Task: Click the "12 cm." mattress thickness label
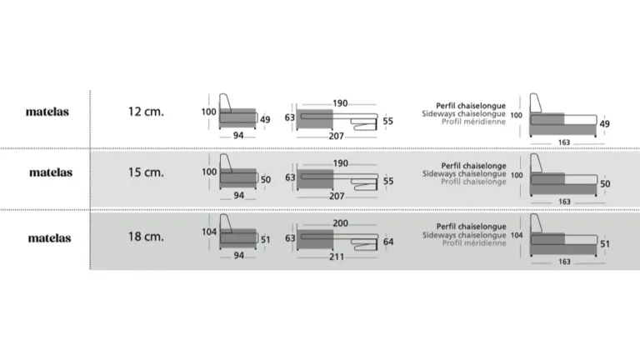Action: (x=146, y=112)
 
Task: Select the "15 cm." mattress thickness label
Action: (x=146, y=172)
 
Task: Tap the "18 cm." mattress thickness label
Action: (x=146, y=237)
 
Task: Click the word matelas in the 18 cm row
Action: (x=49, y=238)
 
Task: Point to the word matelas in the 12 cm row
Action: (x=47, y=112)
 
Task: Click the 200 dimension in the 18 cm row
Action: (x=340, y=223)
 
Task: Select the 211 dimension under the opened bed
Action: (x=337, y=257)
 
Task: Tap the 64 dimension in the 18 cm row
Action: (x=388, y=242)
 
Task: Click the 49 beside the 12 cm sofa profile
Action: (x=265, y=120)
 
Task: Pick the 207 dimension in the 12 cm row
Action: (x=337, y=136)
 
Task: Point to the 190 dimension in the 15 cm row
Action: (x=340, y=163)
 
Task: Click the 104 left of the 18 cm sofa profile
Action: (x=209, y=232)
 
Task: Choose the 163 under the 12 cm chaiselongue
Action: (x=564, y=142)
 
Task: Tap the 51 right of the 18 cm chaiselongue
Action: (x=605, y=244)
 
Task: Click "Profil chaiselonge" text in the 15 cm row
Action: (x=473, y=182)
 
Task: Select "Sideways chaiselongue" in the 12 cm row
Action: (x=463, y=113)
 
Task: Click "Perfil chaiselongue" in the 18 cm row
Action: (x=471, y=226)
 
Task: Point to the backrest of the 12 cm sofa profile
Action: (x=225, y=102)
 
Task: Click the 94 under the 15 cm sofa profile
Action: (x=239, y=196)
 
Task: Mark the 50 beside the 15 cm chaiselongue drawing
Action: (x=605, y=184)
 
